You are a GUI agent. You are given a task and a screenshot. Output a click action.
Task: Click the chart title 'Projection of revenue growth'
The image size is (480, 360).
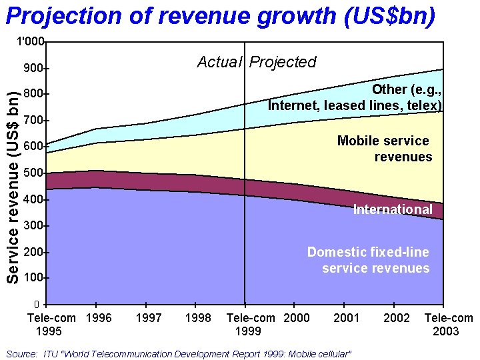(x=220, y=15)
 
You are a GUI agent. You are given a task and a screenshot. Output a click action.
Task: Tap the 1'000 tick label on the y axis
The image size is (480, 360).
(x=31, y=42)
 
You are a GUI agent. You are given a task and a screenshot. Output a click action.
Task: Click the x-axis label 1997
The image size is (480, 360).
(x=148, y=318)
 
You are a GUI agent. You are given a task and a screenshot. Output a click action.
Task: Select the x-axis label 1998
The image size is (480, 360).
(x=198, y=318)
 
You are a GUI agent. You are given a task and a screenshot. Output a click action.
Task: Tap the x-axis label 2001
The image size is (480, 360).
(x=346, y=318)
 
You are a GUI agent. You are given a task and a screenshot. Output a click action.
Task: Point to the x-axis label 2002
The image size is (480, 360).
(x=397, y=318)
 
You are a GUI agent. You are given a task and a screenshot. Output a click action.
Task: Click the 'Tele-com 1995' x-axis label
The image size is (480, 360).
(x=51, y=325)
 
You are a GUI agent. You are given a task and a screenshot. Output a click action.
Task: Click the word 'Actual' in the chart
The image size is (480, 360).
(x=219, y=62)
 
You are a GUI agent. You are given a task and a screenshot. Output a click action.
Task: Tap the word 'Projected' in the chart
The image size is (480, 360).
(x=283, y=62)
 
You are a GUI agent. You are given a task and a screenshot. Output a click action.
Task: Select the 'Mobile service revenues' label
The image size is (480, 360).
(x=384, y=149)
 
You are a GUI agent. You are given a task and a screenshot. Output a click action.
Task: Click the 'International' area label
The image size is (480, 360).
(x=392, y=209)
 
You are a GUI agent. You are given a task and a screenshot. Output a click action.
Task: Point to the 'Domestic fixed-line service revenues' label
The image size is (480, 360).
(x=368, y=260)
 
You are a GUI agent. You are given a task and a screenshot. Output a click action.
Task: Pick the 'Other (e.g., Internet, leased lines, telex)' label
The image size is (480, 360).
(x=355, y=97)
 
